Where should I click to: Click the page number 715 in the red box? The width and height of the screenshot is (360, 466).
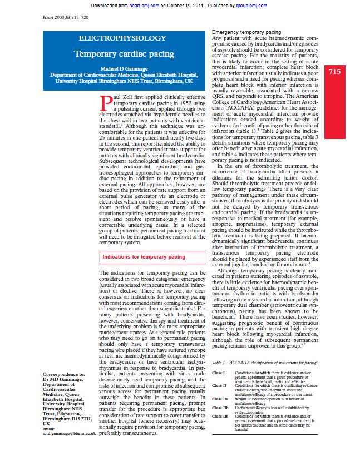335,72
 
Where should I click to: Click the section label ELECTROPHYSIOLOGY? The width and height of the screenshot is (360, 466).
122,38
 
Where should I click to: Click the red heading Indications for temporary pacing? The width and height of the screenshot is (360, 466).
144,257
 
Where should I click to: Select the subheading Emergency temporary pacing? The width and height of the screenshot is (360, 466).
246,33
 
